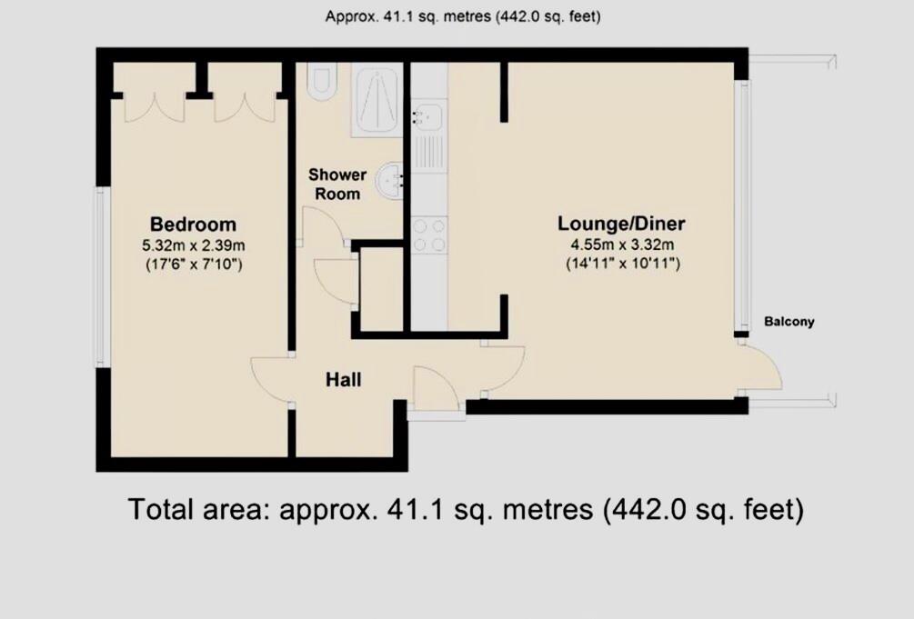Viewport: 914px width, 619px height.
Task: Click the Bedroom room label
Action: coord(193,225)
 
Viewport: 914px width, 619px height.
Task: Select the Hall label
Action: coord(343,379)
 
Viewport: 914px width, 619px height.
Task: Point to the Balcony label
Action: coord(788,322)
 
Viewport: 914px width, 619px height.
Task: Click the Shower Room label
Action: coord(336,184)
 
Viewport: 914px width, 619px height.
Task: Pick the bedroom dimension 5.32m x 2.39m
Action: coord(193,245)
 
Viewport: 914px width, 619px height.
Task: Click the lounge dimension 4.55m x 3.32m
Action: coord(621,245)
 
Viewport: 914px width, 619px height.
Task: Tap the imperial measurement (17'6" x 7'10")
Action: coord(193,265)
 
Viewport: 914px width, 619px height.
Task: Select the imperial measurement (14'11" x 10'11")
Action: coord(621,265)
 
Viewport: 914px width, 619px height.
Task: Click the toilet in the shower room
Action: coord(322,81)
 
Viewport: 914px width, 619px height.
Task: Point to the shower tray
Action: coord(376,99)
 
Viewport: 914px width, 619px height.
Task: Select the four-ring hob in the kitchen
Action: coord(428,235)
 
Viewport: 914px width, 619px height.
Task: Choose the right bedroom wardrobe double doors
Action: coord(244,106)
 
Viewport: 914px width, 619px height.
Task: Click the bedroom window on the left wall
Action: coord(103,276)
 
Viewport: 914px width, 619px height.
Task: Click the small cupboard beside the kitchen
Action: coord(382,289)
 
